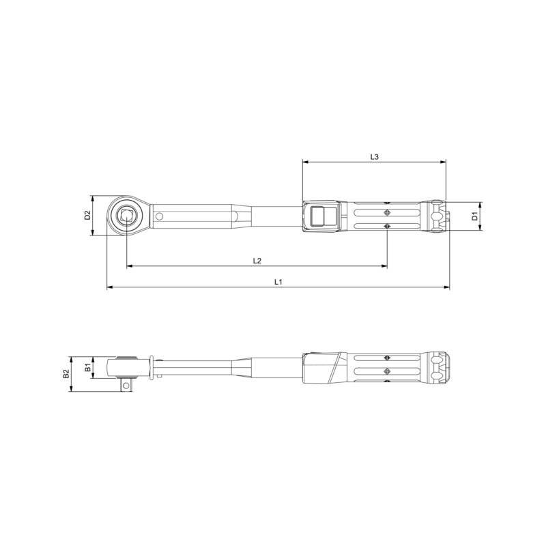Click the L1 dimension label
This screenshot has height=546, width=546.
[278, 281]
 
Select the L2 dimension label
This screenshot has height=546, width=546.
[257, 260]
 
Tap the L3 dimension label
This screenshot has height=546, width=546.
[374, 156]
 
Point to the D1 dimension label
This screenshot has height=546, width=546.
[474, 217]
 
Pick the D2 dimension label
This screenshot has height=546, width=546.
[87, 216]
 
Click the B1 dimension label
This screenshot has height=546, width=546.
[87, 369]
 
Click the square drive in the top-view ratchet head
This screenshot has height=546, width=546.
[126, 216]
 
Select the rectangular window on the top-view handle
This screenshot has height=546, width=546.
[319, 217]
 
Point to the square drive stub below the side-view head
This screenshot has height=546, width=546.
[126, 386]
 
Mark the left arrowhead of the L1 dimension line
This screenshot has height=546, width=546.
[109, 288]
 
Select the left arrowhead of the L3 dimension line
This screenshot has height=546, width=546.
[304, 162]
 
